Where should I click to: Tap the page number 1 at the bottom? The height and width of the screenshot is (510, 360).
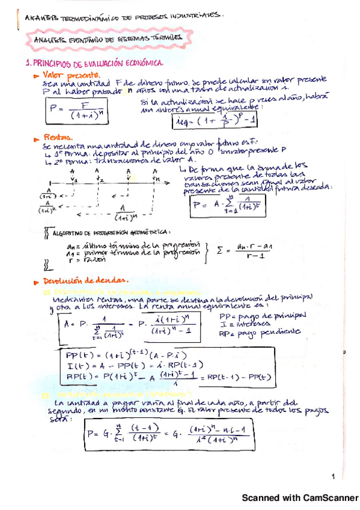332,477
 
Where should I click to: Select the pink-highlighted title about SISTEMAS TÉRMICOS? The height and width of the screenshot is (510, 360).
105,39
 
